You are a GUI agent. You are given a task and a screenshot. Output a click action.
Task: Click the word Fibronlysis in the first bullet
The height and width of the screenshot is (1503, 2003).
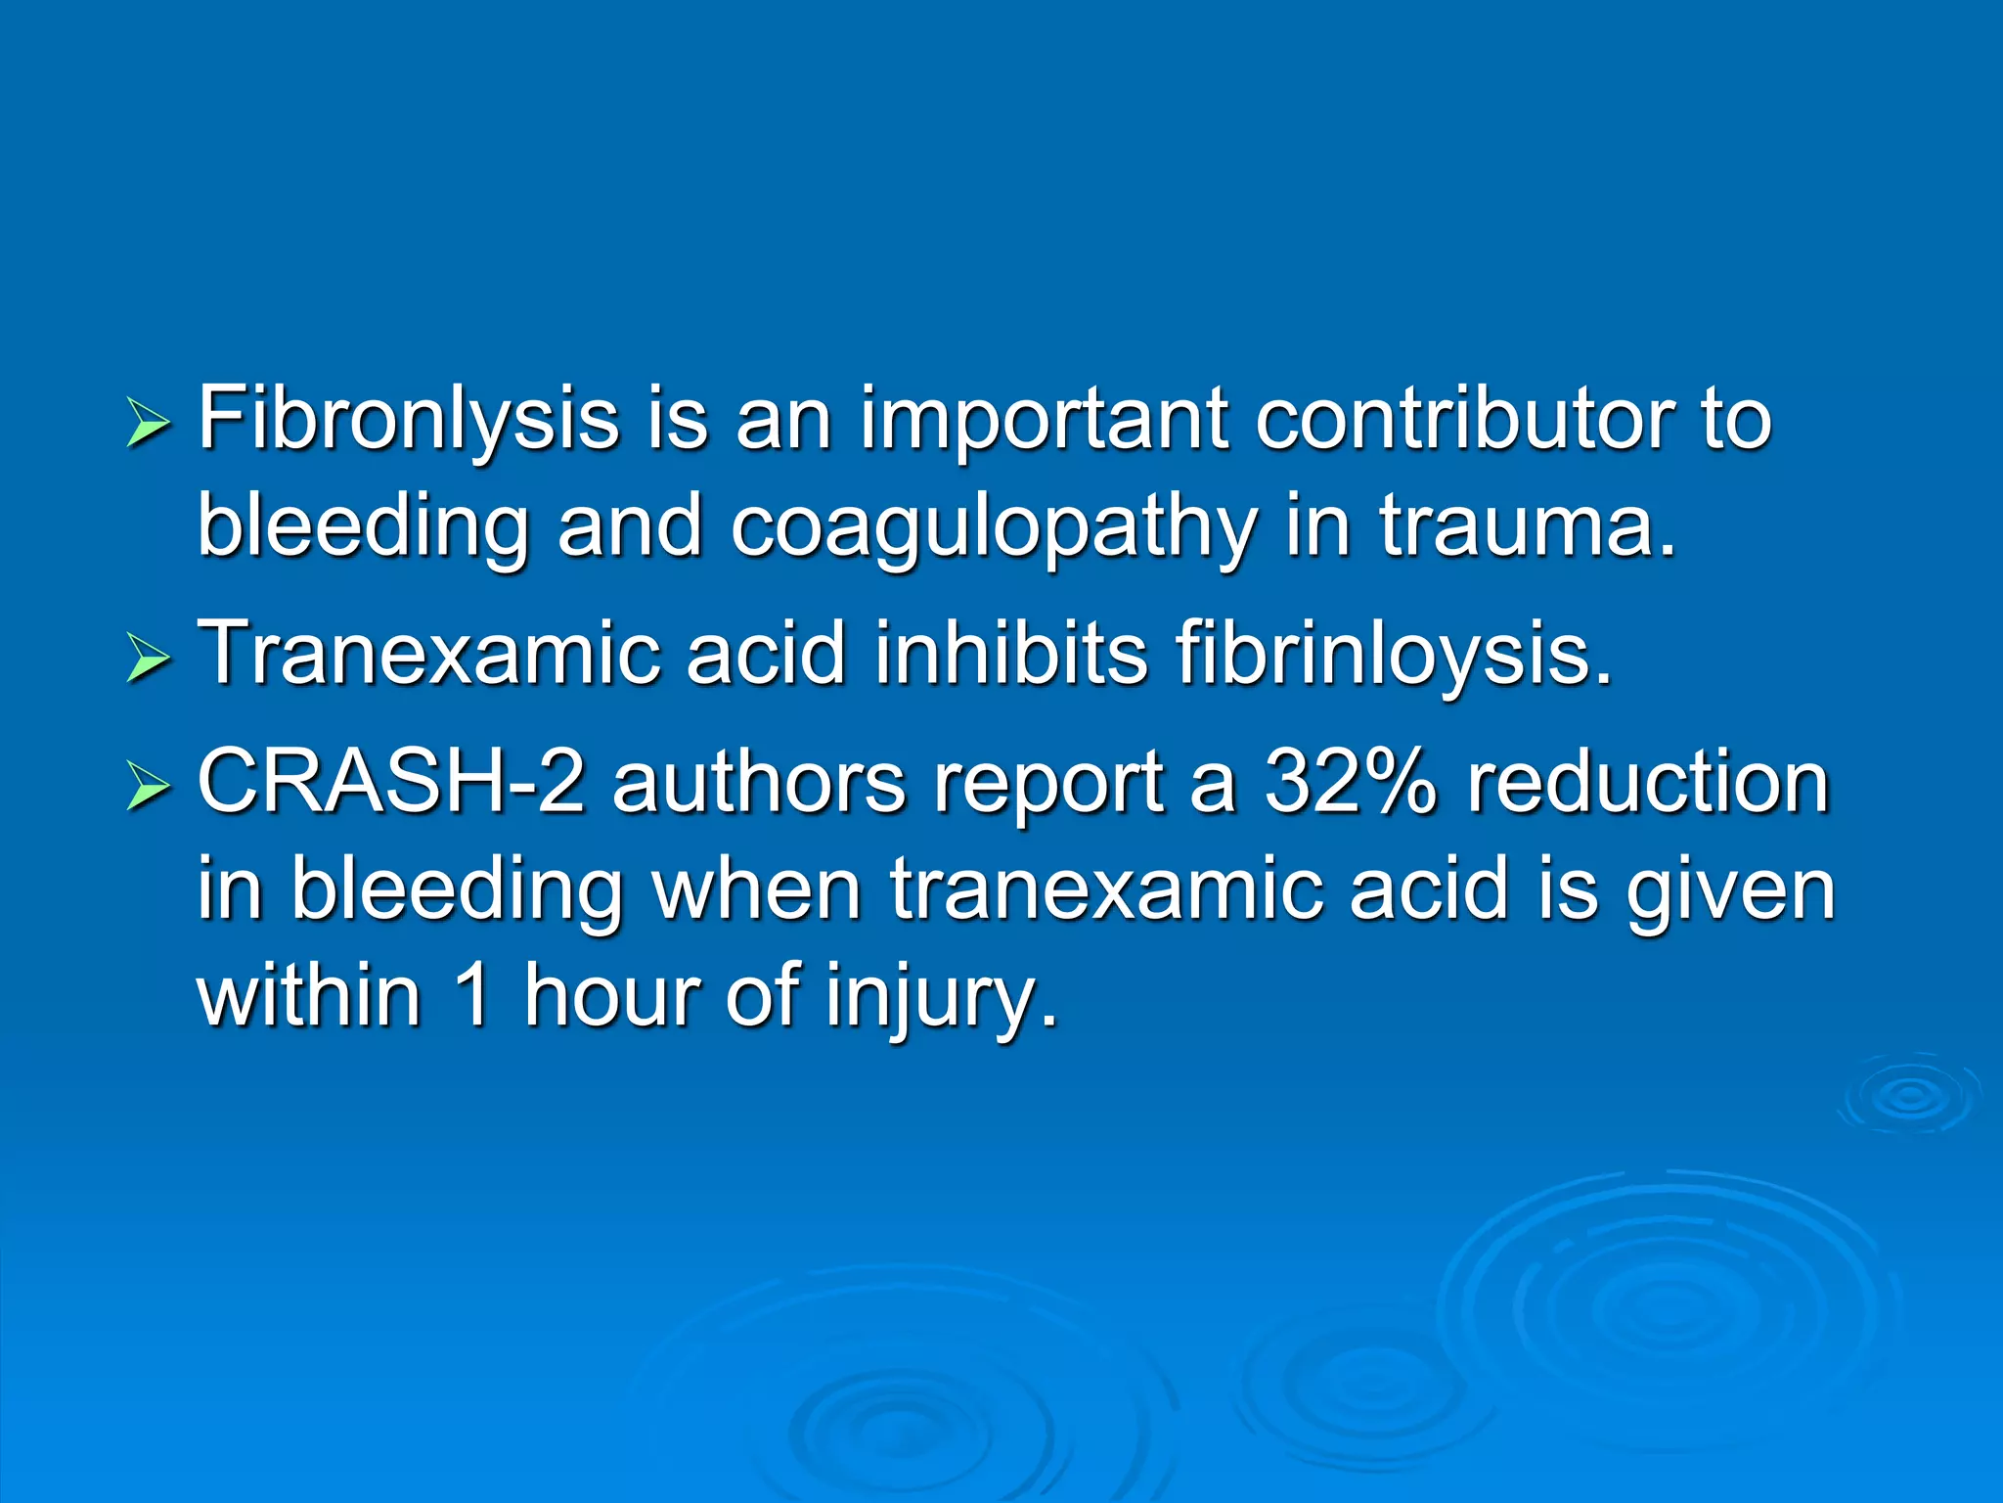408,421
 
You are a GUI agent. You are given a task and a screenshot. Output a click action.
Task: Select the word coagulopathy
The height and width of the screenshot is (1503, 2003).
993,528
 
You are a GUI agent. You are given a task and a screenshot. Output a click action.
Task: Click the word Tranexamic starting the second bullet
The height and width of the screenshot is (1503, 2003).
425,653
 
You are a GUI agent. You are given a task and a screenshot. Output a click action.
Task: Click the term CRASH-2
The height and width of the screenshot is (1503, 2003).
391,782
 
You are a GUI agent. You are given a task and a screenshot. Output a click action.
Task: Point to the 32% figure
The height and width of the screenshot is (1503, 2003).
1350,782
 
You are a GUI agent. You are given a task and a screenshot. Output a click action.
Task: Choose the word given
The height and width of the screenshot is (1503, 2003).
1730,892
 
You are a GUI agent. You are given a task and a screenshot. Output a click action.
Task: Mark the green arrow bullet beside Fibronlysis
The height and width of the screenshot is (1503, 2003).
149,427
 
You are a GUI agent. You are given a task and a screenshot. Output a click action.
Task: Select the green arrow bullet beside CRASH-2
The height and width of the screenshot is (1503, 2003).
149,789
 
